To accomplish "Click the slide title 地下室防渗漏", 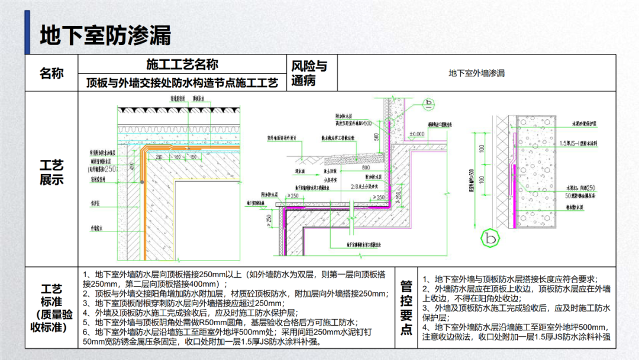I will tap(105, 35).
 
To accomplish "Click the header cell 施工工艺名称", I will tap(182, 64).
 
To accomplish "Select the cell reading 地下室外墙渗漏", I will tap(476, 73).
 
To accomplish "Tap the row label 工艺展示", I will tap(51, 172).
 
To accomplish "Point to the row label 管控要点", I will tap(406, 308).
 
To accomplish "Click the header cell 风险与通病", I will tap(309, 73).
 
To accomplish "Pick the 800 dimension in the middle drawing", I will tap(367, 168).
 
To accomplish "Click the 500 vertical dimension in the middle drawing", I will tap(377, 136).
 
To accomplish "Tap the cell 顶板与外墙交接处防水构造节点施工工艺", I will tap(182, 82).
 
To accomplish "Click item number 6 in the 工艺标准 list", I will tap(86, 332).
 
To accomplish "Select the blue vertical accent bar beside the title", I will tap(27, 33).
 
